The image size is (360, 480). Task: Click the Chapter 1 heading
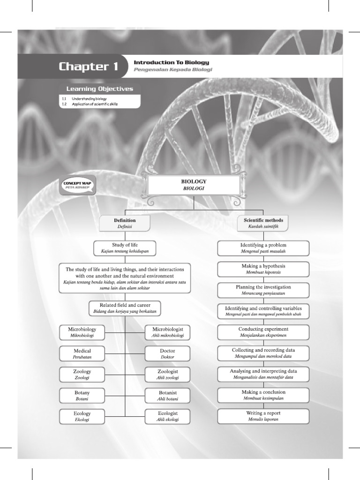click(x=88, y=67)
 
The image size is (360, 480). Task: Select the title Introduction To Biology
click(x=171, y=62)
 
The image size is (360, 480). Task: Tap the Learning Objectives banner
click(x=99, y=89)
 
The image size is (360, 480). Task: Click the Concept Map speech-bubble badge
click(x=77, y=184)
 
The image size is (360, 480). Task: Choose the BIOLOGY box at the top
click(x=194, y=185)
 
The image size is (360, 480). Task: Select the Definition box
click(x=125, y=223)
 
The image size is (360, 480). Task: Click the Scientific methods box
click(x=263, y=223)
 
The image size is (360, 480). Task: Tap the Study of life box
click(x=125, y=248)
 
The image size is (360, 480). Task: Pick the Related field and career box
click(x=125, y=308)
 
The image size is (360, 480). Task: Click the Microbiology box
click(x=82, y=332)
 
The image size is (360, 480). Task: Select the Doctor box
click(x=167, y=353)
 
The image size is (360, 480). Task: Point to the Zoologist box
click(x=167, y=374)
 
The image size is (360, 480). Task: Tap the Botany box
click(x=82, y=395)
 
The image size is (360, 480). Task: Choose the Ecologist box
click(x=167, y=416)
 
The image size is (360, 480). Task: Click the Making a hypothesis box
click(x=263, y=269)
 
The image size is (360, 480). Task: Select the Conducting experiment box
click(x=263, y=332)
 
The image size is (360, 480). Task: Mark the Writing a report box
click(x=263, y=416)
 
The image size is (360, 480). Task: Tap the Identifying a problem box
click(x=263, y=248)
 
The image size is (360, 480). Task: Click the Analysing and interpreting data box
click(x=263, y=374)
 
